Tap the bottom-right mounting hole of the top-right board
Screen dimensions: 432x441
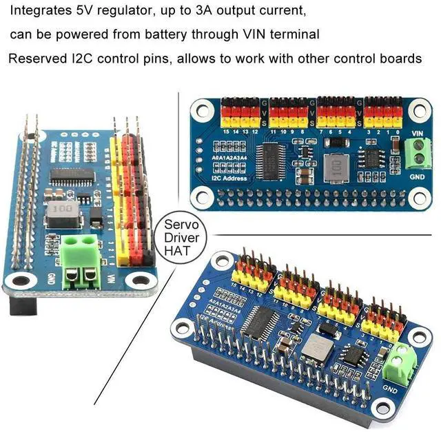pyautogui.click(x=418, y=198)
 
